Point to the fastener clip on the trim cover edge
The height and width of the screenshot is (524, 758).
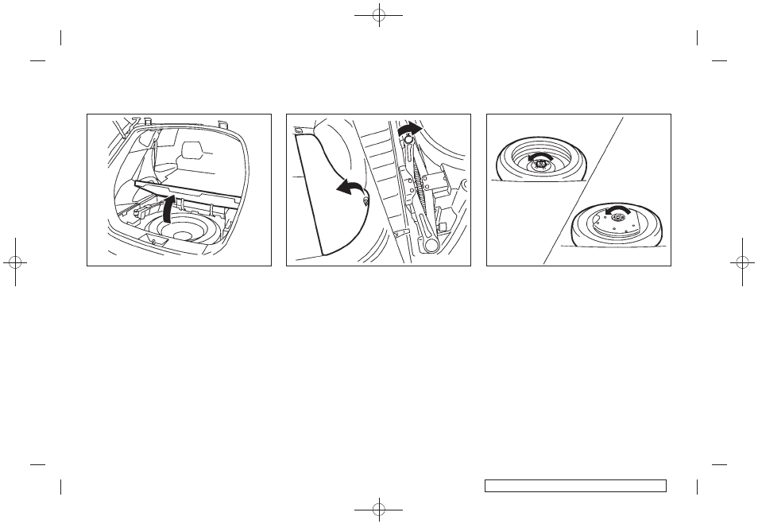point(365,202)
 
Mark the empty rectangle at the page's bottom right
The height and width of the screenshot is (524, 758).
point(574,485)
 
